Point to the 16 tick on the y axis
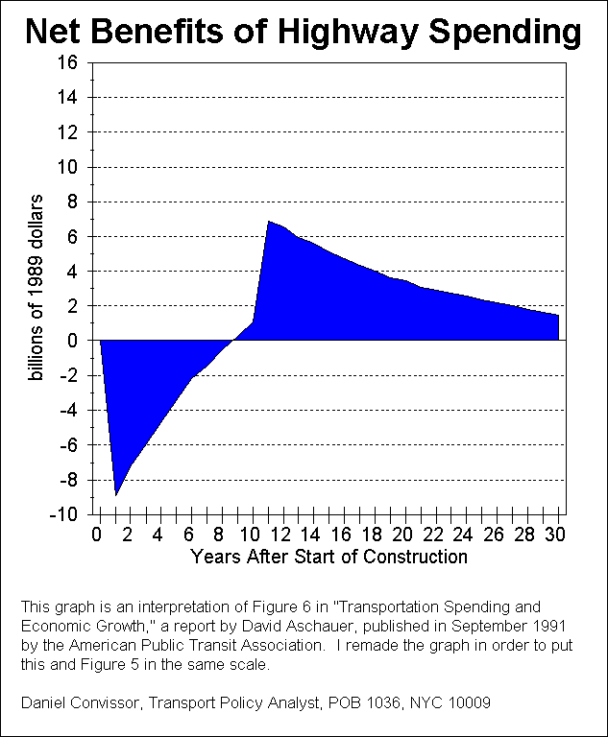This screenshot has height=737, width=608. [68, 62]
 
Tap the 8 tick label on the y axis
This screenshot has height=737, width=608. [72, 202]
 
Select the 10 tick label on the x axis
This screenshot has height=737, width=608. [252, 534]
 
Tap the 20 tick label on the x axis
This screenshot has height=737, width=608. [404, 534]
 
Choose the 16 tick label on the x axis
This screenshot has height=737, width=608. [343, 534]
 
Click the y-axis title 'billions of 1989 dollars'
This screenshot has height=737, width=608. [36, 288]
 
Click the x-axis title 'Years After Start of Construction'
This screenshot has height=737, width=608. [329, 556]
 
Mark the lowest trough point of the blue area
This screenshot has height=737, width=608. [115, 495]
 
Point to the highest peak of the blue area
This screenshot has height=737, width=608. [268, 221]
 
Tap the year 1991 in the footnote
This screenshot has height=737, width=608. [560, 625]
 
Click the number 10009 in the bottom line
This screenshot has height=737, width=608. [471, 703]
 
